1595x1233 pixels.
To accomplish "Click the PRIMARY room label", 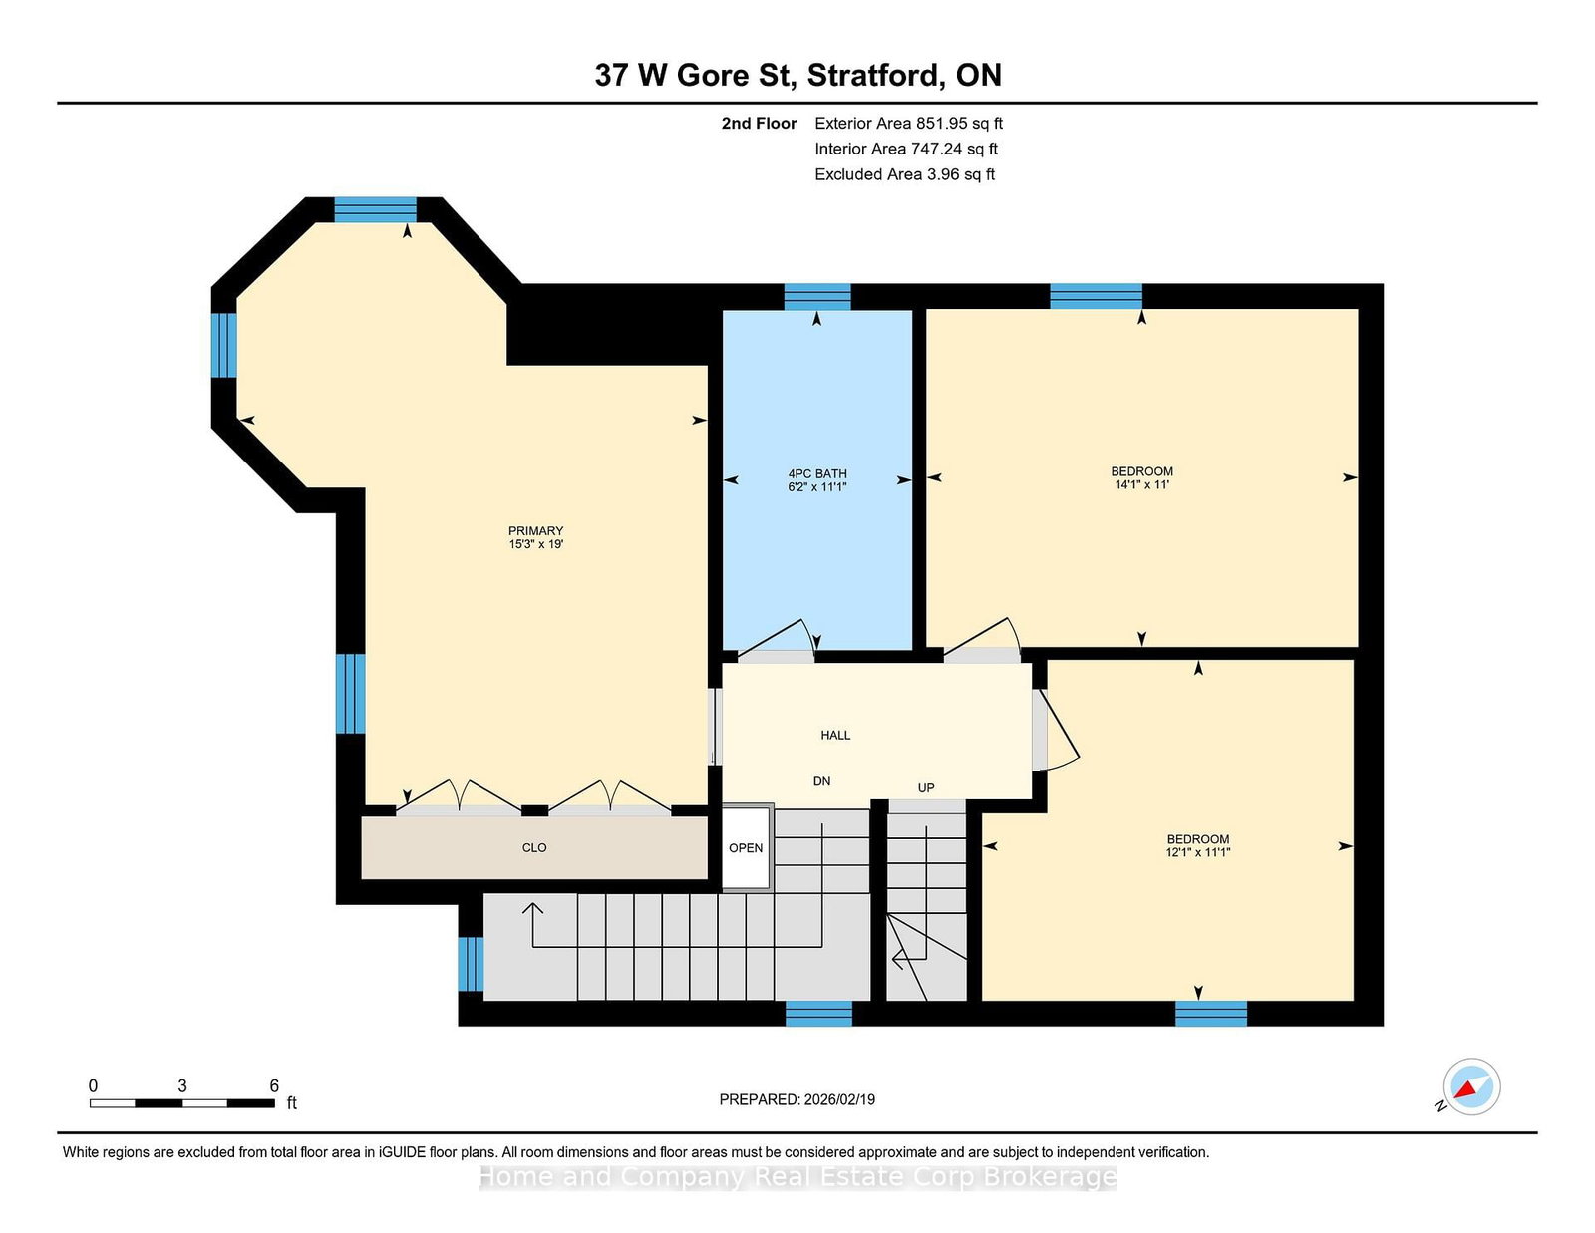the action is pos(536,530).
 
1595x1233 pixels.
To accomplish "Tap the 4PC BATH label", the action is pos(817,474).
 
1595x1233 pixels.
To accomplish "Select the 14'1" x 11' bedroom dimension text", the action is pos(1141,485).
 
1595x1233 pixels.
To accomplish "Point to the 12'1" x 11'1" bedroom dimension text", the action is pos(1198,853).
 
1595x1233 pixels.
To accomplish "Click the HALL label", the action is pos(835,735).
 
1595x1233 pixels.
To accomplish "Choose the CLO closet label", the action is pos(534,847).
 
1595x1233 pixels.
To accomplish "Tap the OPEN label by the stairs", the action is pos(746,847).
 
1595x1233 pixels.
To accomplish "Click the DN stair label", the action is pos(822,781).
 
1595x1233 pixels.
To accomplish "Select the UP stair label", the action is pos(926,788).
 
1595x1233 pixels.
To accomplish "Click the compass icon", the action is pos(1471,1086).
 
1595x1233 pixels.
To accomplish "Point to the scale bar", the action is pos(182,1103).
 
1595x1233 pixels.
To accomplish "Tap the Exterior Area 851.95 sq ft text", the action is pos(909,124).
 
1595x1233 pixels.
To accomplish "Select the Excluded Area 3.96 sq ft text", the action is pos(905,174).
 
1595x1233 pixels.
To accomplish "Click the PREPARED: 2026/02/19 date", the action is pos(797,1099).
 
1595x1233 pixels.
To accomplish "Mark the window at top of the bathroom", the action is pos(817,296).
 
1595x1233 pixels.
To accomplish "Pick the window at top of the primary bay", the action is pos(375,210).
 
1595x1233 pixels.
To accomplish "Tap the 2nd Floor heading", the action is pos(759,124).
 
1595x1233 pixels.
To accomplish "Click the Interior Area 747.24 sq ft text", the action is pos(906,149).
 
